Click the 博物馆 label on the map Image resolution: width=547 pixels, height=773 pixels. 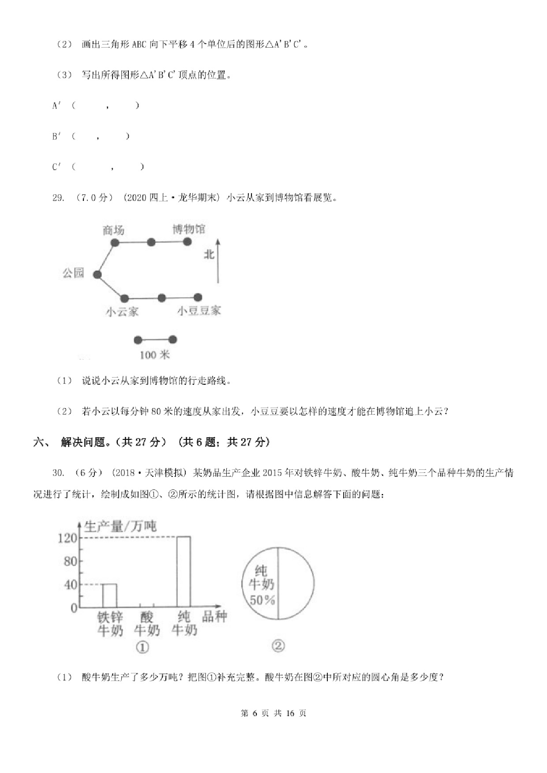click(188, 229)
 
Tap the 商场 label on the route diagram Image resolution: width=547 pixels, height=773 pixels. click(113, 230)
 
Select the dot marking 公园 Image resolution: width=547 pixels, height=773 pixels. click(97, 275)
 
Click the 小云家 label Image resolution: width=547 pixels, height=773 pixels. click(122, 312)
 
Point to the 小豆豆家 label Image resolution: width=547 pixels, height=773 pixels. click(199, 311)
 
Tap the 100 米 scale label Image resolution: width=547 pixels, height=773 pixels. click(154, 355)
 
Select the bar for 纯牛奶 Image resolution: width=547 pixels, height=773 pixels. click(184, 572)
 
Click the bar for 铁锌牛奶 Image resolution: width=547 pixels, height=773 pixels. click(109, 595)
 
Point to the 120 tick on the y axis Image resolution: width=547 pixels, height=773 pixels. click(68, 538)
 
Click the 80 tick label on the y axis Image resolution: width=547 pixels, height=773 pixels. click(70, 561)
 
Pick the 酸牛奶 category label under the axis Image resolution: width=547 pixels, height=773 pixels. click(147, 624)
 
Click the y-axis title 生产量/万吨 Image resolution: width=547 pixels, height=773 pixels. click(120, 526)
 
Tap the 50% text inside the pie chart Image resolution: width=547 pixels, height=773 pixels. click(262, 600)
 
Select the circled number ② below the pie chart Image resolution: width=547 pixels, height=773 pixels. click(278, 646)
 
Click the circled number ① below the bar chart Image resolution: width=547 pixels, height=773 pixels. click(142, 647)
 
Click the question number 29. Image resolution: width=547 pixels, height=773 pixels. click(58, 198)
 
